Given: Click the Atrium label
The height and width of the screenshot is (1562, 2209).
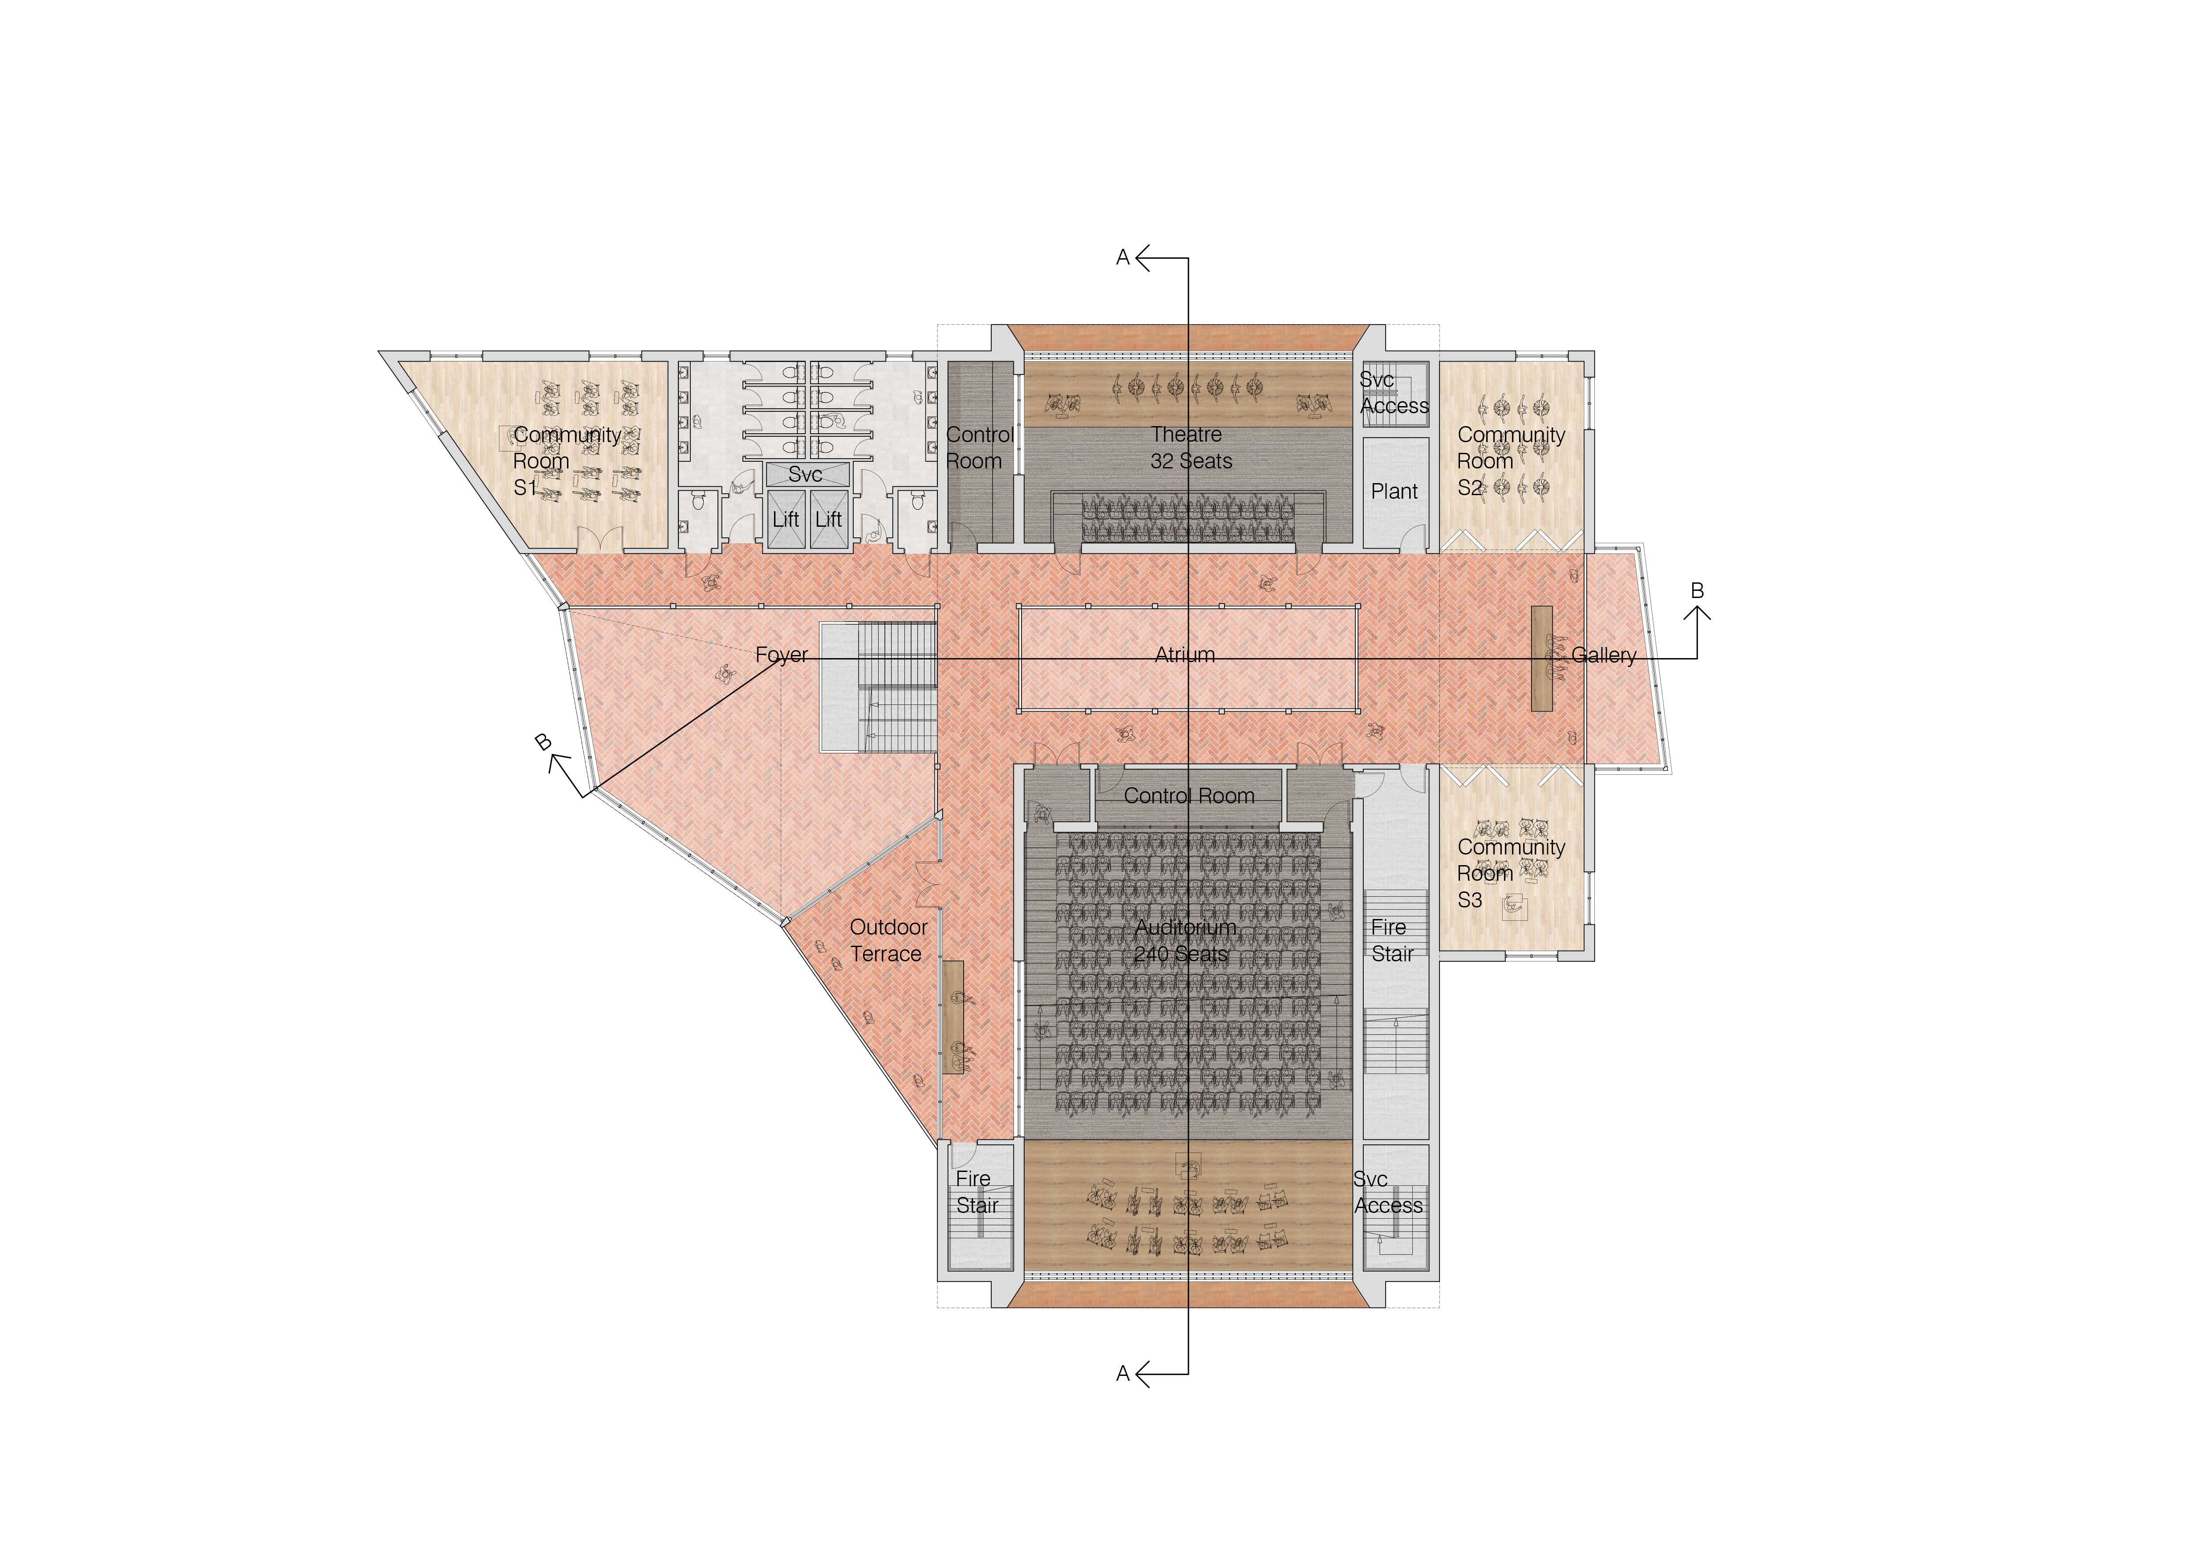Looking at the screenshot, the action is coord(1184,655).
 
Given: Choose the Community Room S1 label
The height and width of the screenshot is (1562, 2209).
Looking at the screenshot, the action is coord(567,461).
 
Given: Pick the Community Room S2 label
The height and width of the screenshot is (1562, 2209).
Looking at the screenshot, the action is coord(1511,461).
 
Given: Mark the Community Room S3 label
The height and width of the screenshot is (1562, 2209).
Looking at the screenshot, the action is coord(1511,873).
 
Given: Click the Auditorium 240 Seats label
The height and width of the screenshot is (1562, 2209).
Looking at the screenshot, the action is coord(1184,940).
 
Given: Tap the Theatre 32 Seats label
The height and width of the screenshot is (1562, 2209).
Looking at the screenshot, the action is coord(1190,447).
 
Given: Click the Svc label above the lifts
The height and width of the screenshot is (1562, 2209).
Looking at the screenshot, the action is coord(804,475).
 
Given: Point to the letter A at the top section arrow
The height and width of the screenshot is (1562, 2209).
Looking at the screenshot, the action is coord(1122,258).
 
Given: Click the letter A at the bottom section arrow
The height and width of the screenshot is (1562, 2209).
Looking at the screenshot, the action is coord(1122,1373).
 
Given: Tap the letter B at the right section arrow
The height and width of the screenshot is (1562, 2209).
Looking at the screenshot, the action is coord(1697,591).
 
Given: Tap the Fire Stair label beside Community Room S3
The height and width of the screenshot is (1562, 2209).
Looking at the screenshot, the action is coord(1391,940).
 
